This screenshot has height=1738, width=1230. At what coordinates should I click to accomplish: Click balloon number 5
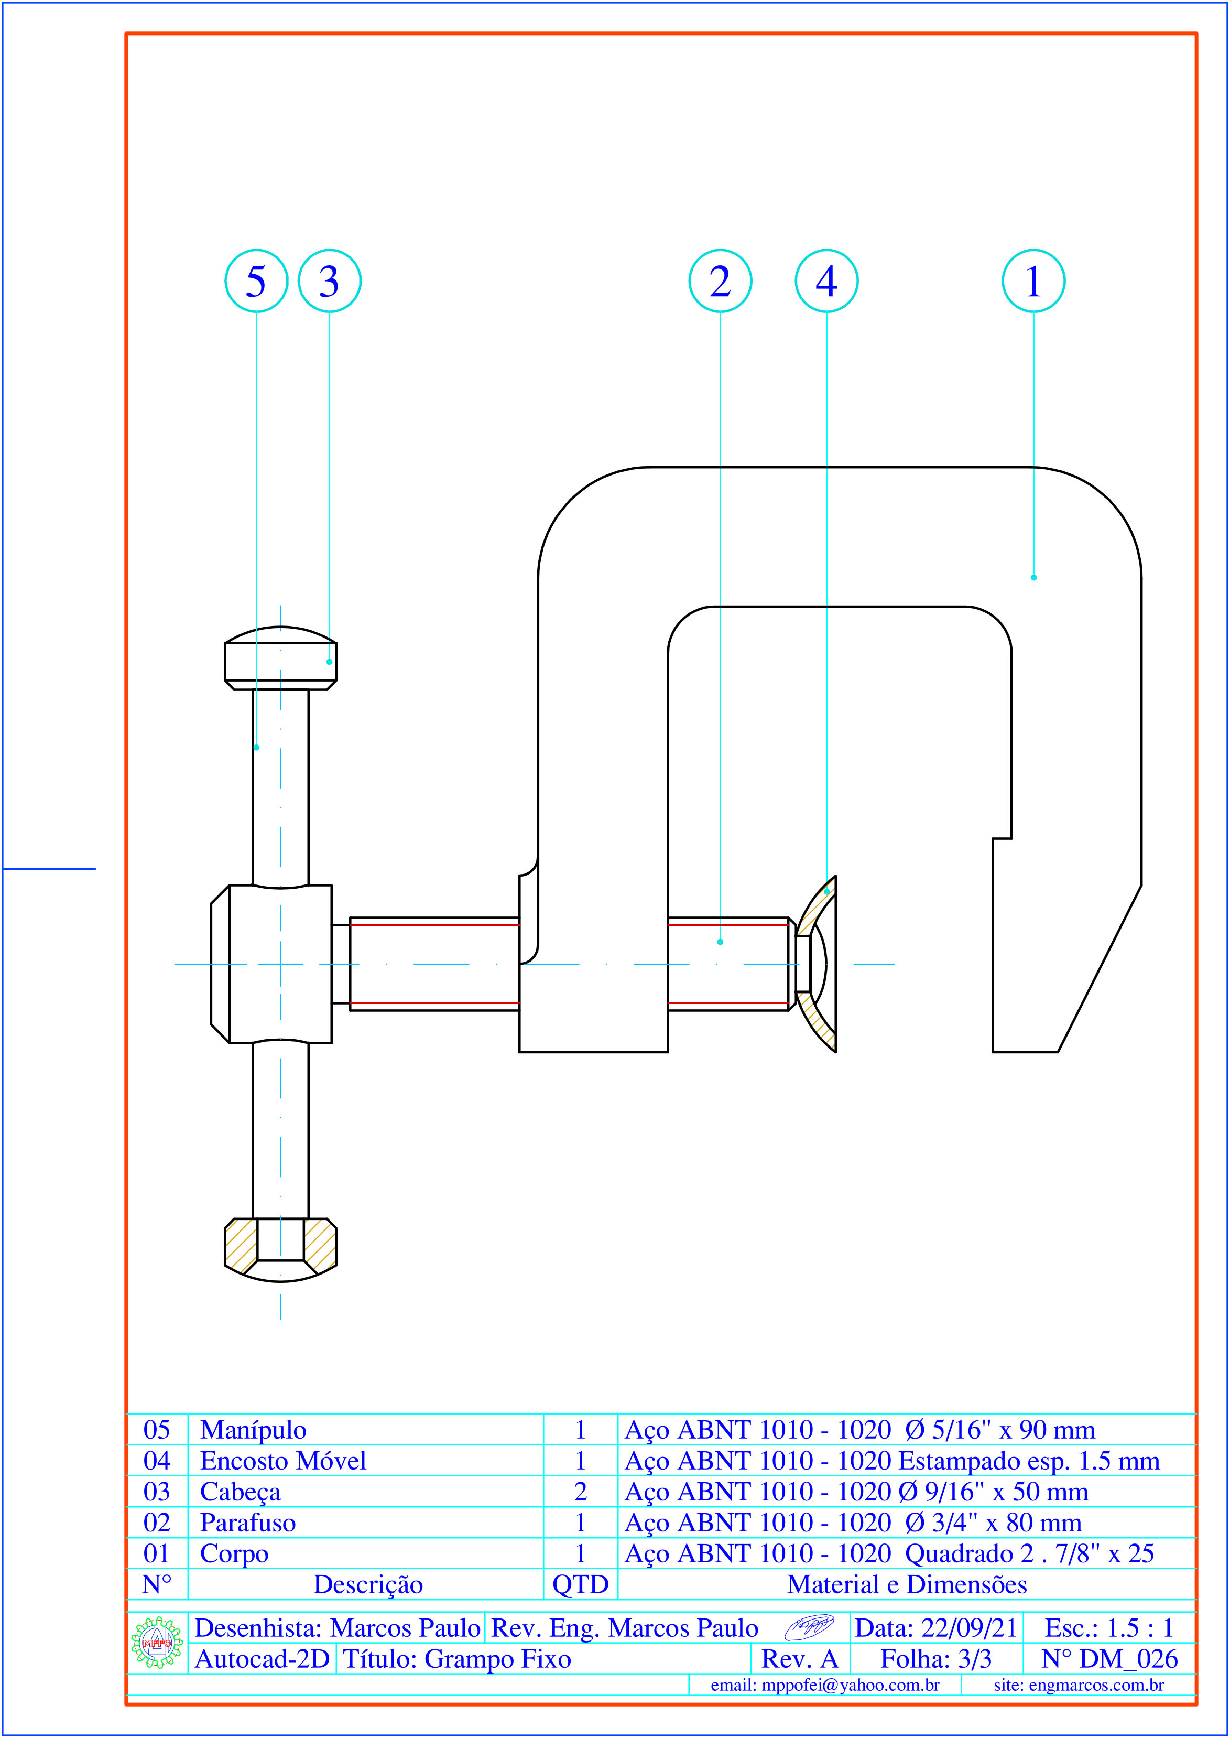click(x=256, y=281)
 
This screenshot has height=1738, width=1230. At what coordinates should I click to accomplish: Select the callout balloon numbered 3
click(x=330, y=281)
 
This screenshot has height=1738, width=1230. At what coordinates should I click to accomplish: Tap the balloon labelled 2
click(x=720, y=281)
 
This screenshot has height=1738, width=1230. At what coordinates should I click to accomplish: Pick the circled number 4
click(x=826, y=281)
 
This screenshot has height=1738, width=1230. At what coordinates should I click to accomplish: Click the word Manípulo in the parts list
click(x=253, y=1430)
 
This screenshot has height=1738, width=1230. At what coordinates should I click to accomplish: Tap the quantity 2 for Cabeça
click(x=580, y=1492)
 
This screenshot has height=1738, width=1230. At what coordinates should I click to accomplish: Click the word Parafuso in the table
click(x=248, y=1523)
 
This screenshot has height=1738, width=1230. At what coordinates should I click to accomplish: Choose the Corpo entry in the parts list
click(x=234, y=1554)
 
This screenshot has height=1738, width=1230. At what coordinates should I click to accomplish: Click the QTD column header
click(x=580, y=1585)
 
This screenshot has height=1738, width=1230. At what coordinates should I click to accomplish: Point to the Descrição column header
click(x=368, y=1585)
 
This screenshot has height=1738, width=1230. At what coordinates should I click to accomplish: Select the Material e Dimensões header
click(x=907, y=1585)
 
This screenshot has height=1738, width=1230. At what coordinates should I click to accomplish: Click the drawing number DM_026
click(x=1109, y=1659)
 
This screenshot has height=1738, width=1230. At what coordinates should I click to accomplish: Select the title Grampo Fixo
click(x=456, y=1659)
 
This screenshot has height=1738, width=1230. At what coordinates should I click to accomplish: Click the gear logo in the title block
click(x=157, y=1643)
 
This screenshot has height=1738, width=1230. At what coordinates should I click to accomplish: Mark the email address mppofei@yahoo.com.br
click(x=825, y=1686)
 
